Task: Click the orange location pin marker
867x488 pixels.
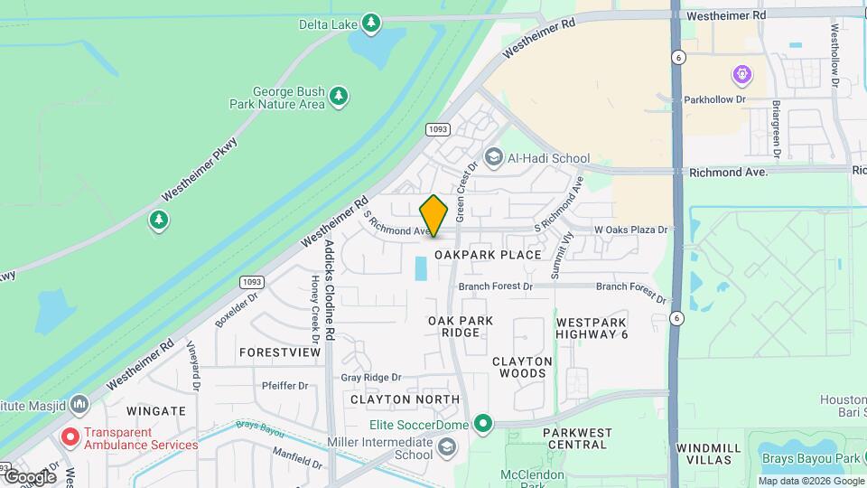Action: click(x=434, y=216)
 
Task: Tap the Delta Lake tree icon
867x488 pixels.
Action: click(x=371, y=23)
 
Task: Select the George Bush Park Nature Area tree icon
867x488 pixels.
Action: click(x=339, y=96)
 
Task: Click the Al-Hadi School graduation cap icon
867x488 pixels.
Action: click(x=493, y=158)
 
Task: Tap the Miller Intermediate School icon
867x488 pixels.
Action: click(x=447, y=447)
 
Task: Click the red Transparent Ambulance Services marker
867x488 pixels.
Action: click(x=70, y=437)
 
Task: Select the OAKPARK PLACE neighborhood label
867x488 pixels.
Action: click(x=488, y=255)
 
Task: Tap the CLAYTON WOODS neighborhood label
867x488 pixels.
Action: click(x=522, y=367)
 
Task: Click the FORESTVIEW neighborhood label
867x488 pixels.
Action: click(x=280, y=352)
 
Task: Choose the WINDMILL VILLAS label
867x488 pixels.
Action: click(x=708, y=454)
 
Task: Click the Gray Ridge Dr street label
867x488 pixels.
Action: click(x=370, y=377)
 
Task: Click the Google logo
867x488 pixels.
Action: click(x=30, y=476)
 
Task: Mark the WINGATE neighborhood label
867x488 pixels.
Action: click(x=155, y=410)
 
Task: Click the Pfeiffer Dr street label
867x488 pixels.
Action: click(x=284, y=385)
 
